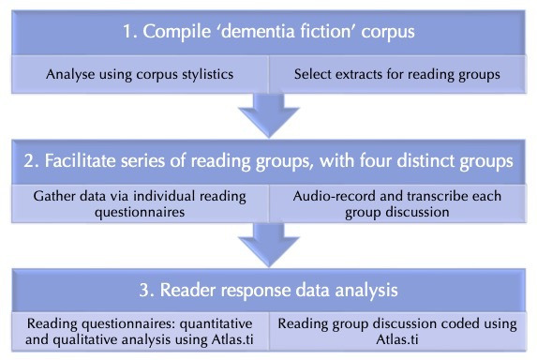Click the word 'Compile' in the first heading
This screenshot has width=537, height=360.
click(x=177, y=32)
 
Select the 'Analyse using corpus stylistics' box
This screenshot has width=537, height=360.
click(x=140, y=74)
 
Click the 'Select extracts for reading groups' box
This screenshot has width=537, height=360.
click(x=397, y=74)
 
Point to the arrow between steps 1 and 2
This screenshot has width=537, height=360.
click(x=269, y=114)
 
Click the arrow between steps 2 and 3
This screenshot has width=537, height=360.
click(x=269, y=245)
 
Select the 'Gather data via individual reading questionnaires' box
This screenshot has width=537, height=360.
click(x=140, y=203)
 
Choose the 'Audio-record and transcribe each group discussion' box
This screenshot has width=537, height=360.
click(x=397, y=203)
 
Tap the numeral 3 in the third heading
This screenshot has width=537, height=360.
click(x=144, y=290)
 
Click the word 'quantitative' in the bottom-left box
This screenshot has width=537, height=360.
click(x=216, y=324)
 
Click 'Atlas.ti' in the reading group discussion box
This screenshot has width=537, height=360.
click(x=397, y=339)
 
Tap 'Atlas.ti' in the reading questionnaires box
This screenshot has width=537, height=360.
click(x=232, y=339)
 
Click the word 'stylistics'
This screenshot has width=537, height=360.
click(x=207, y=75)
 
